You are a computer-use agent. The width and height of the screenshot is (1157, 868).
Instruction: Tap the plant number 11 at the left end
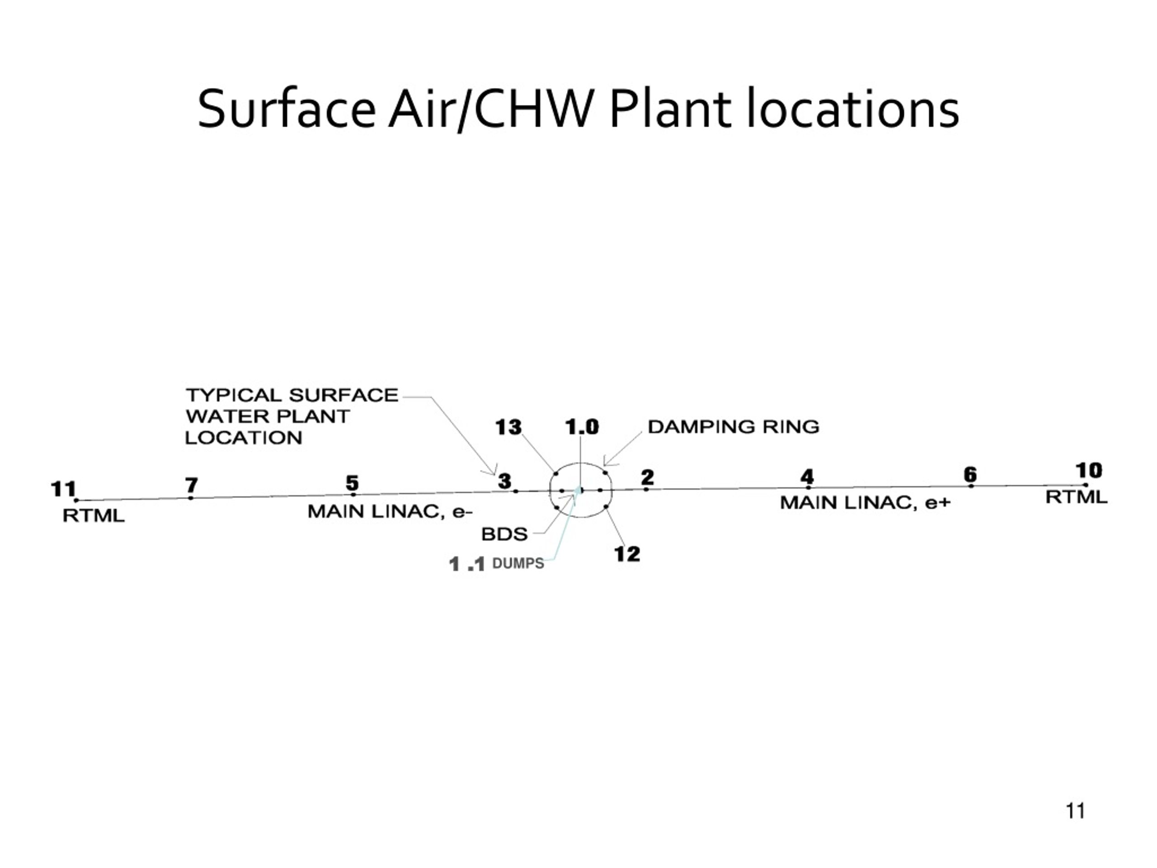(x=63, y=489)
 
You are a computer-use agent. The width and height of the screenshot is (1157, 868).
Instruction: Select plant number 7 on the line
(x=192, y=485)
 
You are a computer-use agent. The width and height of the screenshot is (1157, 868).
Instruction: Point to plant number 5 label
(x=352, y=482)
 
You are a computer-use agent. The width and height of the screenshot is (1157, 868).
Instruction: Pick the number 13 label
(x=508, y=427)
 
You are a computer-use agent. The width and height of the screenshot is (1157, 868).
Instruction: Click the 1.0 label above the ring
(x=582, y=427)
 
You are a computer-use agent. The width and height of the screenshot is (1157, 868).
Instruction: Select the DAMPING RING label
(x=734, y=427)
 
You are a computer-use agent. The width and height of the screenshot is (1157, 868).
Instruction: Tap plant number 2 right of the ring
(x=648, y=476)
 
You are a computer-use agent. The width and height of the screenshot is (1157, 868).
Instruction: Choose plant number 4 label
(x=808, y=476)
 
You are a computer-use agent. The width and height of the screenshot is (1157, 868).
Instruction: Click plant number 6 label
(x=970, y=475)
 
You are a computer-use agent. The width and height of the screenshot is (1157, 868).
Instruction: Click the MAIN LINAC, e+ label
(x=865, y=503)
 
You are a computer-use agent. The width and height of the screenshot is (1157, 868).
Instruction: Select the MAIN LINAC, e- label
(x=390, y=512)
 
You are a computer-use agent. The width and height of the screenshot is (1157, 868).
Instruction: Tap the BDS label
(x=504, y=534)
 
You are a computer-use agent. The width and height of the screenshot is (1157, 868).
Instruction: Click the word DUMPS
(x=518, y=563)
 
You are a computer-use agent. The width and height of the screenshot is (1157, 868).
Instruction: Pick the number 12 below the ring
(x=627, y=554)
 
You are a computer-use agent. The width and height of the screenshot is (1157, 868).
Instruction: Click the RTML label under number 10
(x=1077, y=497)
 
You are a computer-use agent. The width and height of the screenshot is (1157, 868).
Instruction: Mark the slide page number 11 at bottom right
(x=1075, y=811)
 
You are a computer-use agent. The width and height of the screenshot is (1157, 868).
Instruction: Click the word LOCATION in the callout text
(x=244, y=438)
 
